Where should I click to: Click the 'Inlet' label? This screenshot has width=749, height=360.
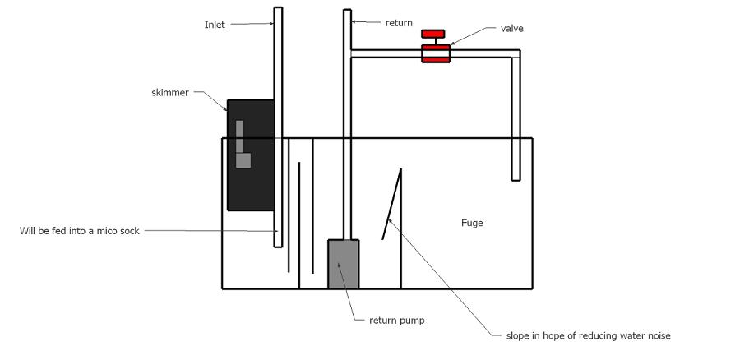point(215,25)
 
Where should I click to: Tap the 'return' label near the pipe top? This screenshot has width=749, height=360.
point(399,22)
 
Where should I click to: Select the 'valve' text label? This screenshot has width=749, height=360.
point(511,28)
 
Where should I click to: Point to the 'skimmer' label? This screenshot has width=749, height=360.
point(170,93)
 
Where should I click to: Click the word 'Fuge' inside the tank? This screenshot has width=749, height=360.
point(472,223)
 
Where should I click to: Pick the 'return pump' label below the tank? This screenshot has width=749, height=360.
point(396,321)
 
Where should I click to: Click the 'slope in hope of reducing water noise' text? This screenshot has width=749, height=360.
point(588,335)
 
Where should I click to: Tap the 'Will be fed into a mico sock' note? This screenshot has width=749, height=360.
point(79,231)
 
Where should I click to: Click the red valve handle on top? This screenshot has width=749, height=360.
point(432,34)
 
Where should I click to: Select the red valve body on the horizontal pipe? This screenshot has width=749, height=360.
point(435,53)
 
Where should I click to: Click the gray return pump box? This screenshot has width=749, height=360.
point(343,264)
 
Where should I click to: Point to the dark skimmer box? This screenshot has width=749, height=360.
point(250,155)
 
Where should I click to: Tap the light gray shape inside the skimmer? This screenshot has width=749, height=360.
point(242,144)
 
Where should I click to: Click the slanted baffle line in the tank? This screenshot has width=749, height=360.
point(391,204)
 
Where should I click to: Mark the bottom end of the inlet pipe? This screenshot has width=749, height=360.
point(278,247)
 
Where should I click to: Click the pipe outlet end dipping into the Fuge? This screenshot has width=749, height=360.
point(516,180)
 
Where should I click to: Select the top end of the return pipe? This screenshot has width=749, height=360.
point(347,10)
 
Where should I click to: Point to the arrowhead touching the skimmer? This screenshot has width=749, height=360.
point(225,108)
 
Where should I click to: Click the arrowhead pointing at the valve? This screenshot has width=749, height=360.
point(452,44)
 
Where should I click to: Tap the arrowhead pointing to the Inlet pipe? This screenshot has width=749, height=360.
point(272,23)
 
